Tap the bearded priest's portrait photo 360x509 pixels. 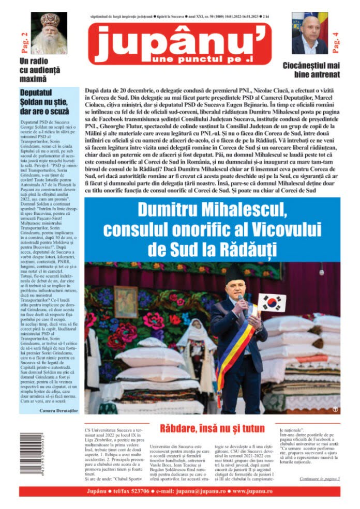coord(50,34)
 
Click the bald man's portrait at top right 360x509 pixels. coord(309,34)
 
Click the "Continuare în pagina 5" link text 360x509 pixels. coord(319,479)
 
